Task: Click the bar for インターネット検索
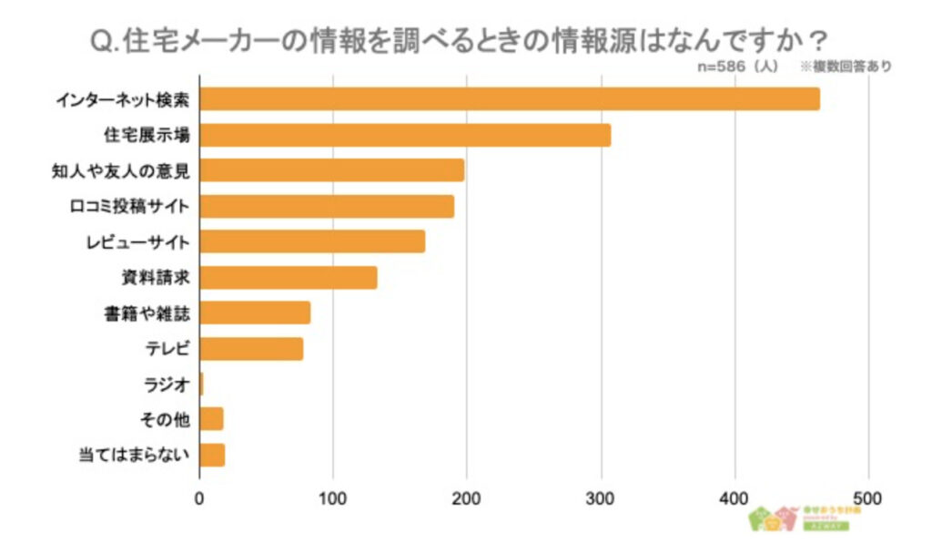click(510, 98)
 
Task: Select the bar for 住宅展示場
click(405, 135)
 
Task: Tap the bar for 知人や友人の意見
click(331, 170)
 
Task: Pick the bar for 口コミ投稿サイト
click(327, 206)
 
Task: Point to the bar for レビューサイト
click(312, 241)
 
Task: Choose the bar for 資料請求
click(288, 277)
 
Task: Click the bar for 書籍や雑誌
click(255, 313)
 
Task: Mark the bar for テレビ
click(251, 348)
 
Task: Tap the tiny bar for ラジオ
click(201, 384)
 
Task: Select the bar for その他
click(211, 419)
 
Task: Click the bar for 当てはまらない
click(212, 455)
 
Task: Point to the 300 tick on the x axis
click(601, 498)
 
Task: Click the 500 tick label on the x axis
click(868, 498)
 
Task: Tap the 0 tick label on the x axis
click(199, 498)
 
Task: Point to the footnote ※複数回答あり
click(846, 66)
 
